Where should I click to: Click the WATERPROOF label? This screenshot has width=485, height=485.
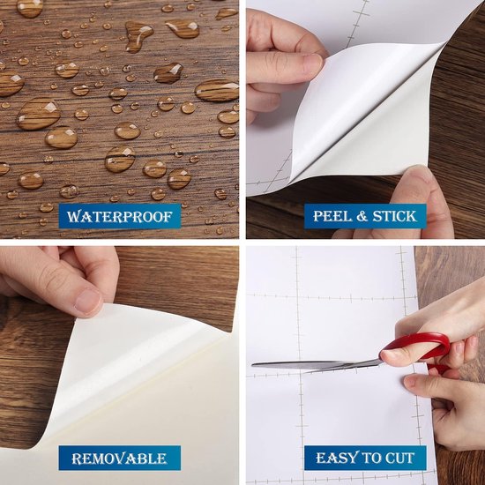tap(120, 216)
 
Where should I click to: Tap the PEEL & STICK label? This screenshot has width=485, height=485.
tap(365, 216)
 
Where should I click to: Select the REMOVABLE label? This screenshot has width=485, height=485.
tap(120, 458)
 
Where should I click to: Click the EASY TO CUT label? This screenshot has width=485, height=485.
tap(365, 458)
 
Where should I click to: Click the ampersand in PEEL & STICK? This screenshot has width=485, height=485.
tap(362, 216)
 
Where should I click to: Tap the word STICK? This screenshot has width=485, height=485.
tap(394, 216)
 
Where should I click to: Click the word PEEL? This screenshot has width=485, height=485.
tap(332, 216)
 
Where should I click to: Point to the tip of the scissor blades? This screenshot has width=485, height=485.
tap(253, 365)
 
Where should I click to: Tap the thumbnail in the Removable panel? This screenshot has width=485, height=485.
tap(88, 302)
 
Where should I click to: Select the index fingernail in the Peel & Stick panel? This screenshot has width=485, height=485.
tap(313, 64)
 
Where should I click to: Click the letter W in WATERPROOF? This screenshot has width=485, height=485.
tap(73, 217)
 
